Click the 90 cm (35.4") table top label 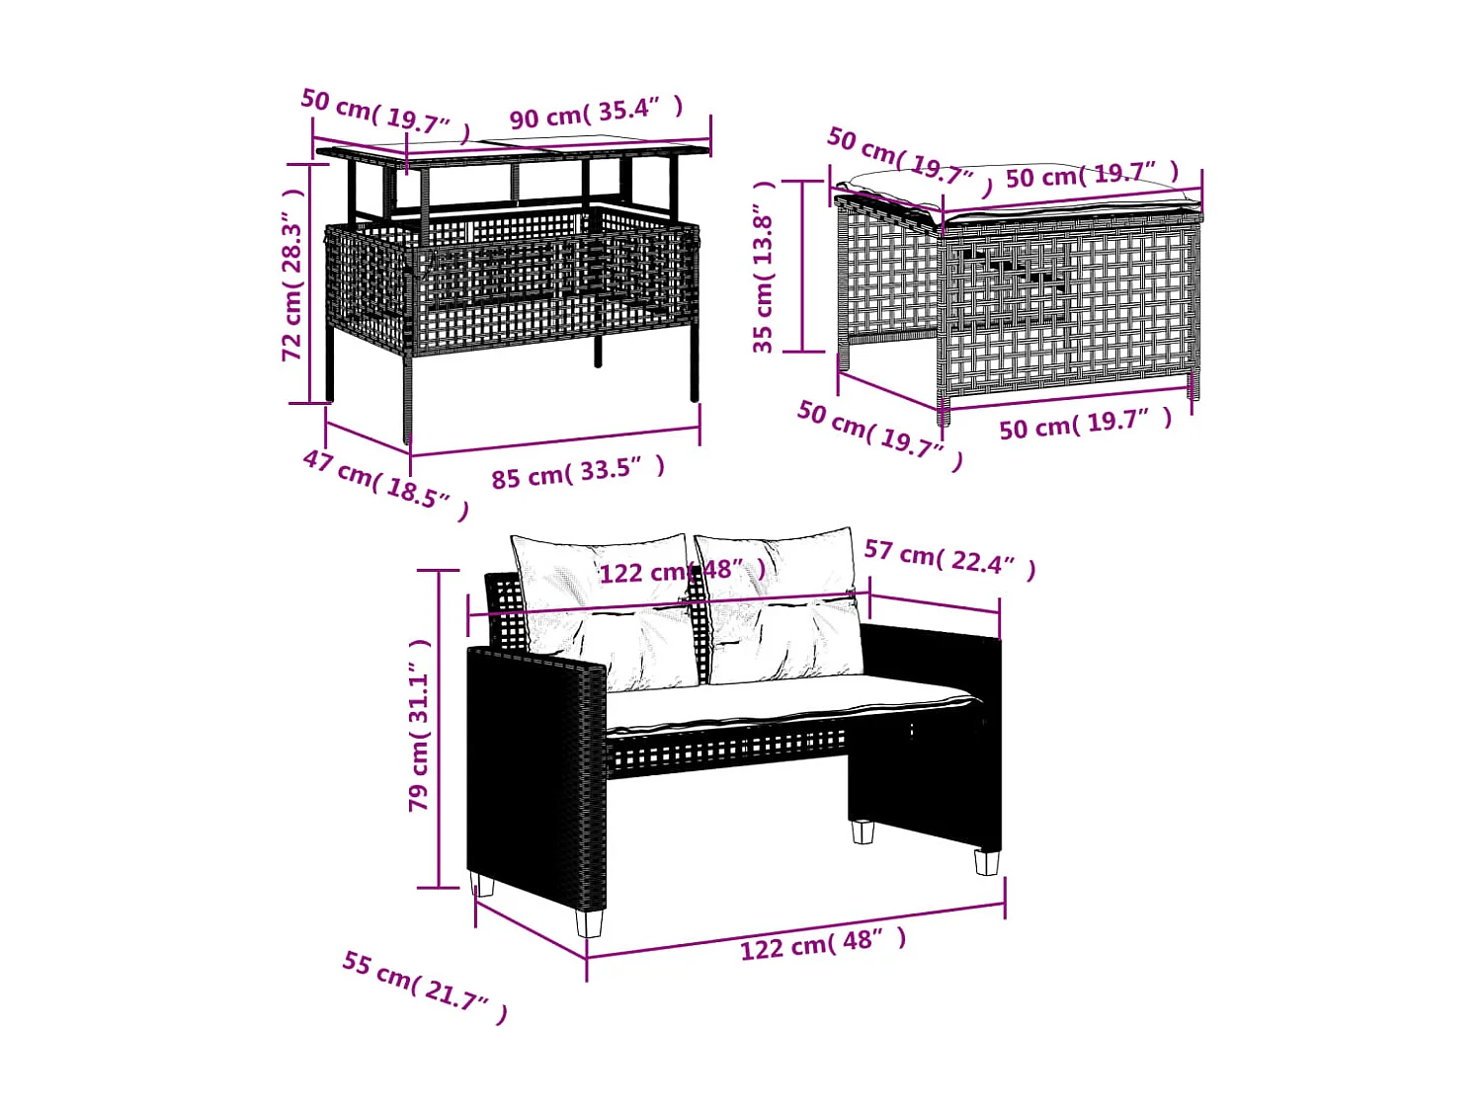(x=597, y=113)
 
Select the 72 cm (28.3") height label (x=292, y=276)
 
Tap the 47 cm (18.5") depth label (x=385, y=484)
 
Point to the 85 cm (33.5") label (x=578, y=473)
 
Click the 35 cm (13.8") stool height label (x=764, y=267)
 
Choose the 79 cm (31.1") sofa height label (x=420, y=726)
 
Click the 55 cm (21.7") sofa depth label (x=425, y=987)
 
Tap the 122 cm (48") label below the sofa (x=822, y=943)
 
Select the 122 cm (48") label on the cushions (x=682, y=572)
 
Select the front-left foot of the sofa (x=590, y=922)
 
